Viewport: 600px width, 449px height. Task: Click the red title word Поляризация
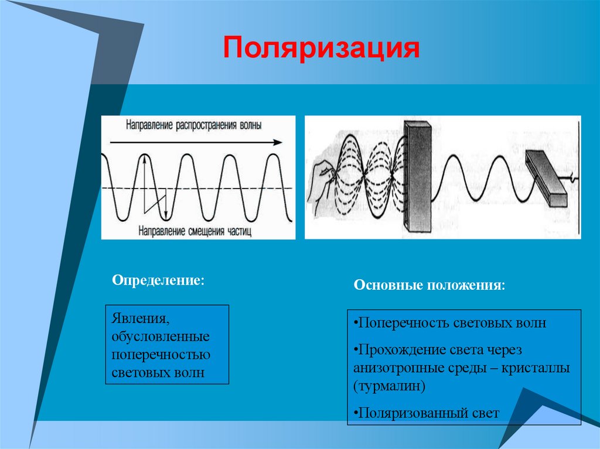click(321, 49)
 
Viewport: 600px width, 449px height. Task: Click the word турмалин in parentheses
click(390, 386)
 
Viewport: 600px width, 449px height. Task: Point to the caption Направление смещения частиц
click(195, 231)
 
